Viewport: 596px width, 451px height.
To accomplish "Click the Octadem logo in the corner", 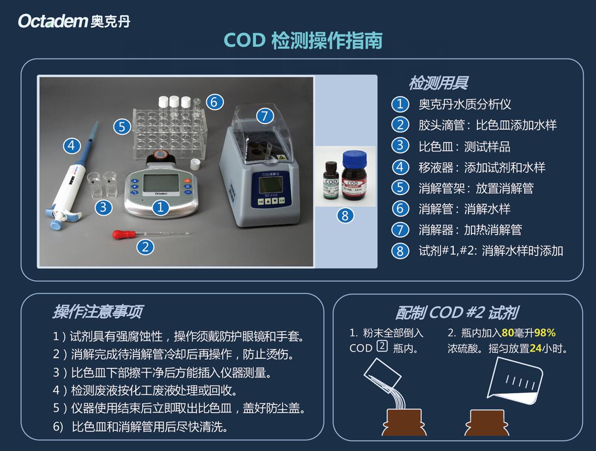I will coord(74,21).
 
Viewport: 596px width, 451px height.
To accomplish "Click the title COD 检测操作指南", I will coord(303,41).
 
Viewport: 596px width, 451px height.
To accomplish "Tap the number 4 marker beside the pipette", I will coord(72,146).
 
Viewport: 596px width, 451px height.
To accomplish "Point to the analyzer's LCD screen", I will coord(161,183).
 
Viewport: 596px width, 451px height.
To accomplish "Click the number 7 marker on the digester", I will coord(265,116).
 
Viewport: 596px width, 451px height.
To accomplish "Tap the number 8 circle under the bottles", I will coord(345,215).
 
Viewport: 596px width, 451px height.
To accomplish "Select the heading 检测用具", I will coord(438,83).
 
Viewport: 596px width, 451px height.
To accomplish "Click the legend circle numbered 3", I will coord(400,146).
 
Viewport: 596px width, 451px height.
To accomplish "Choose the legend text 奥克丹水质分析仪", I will coord(465,104).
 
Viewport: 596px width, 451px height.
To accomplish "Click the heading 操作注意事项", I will coord(97,312).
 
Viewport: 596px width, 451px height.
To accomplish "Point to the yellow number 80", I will coord(508,333).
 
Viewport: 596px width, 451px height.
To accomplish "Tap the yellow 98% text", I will coord(545,333).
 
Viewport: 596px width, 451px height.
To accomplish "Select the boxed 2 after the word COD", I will coord(382,348).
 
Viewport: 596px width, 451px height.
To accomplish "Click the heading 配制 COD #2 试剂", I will coord(456,313).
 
